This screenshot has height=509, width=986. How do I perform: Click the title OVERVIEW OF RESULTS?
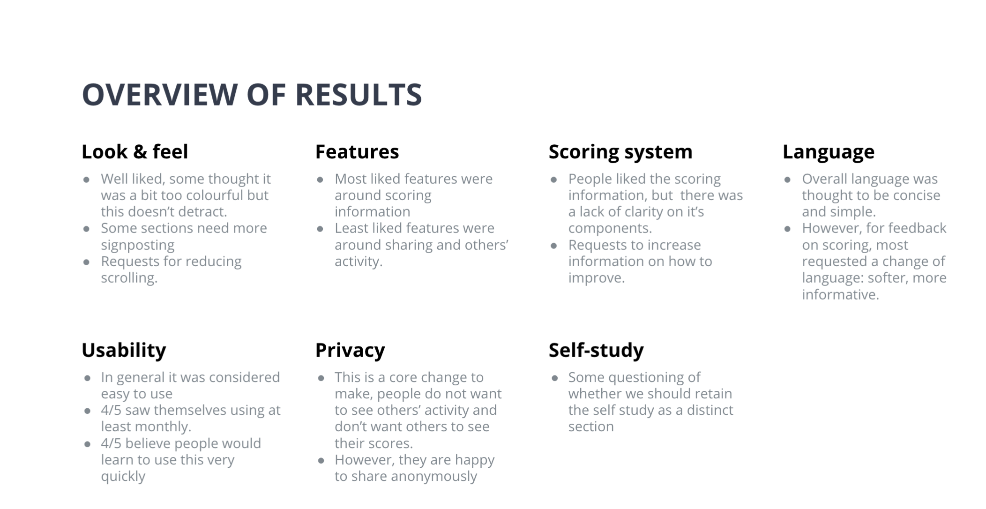pos(252,94)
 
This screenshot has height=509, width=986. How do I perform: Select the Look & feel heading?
pos(135,152)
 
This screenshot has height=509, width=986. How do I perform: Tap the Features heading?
pos(357,152)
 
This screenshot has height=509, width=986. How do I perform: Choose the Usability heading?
pos(124,351)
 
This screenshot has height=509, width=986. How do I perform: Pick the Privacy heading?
pos(350,351)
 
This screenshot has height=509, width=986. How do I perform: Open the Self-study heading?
pos(597,351)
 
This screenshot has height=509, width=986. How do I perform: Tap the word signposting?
pos(138,245)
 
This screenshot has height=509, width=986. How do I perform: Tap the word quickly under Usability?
pos(123,476)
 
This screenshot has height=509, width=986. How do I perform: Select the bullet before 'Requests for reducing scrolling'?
pos(87,262)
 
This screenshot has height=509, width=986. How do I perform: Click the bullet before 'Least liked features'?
pos(320,229)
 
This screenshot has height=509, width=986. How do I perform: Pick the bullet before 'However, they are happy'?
pos(321,460)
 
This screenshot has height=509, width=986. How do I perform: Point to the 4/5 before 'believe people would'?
pos(111,443)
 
